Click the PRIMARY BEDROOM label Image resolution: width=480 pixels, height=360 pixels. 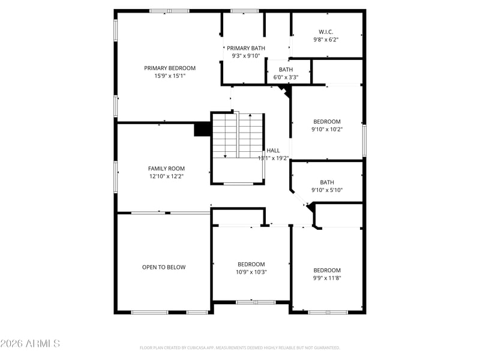pos(170,68)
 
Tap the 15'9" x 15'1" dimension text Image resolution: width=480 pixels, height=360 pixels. pos(170,76)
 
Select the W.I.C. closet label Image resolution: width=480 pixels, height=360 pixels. pos(326,32)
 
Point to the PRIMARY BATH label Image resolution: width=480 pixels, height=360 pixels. pos(246,48)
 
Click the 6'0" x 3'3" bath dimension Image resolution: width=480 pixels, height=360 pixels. pos(286,77)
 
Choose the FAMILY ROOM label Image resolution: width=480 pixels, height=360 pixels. pos(166,169)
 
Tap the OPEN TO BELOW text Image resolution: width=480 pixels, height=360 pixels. pos(164,267)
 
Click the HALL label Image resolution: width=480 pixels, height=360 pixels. pos(273,151)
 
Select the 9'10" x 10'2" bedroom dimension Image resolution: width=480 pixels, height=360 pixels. pos(327,130)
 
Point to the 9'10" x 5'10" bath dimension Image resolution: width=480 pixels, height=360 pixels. pos(327,190)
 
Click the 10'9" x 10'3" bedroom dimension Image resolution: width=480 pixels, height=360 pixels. pos(251,272)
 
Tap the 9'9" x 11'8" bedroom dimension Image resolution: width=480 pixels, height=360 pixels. pos(327,278)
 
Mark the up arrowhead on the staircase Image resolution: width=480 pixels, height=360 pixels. pos(250,115)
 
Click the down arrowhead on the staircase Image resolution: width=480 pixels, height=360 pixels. pos(225,156)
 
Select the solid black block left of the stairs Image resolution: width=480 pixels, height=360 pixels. pos(202,129)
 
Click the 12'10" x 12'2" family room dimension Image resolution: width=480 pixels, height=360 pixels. pos(166,176)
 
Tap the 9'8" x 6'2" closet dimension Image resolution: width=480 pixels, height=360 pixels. pos(326,40)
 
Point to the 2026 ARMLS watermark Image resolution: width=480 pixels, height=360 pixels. pos(30,343)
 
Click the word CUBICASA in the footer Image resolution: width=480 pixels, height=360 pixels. pos(196,348)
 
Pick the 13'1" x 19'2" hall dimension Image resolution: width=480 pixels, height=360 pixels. pos(273,158)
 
